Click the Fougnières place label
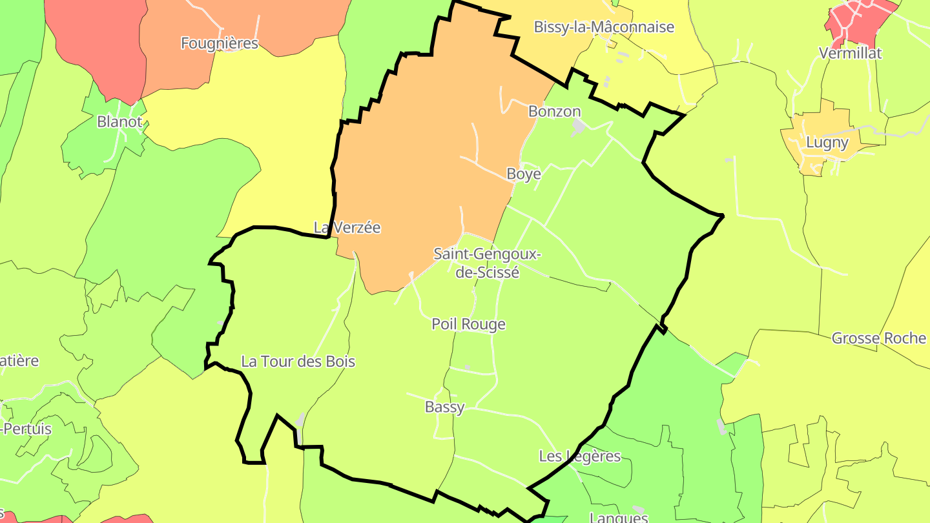click(x=220, y=43)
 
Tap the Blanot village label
click(x=119, y=121)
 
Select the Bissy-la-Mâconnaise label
click(x=604, y=27)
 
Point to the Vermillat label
click(x=850, y=53)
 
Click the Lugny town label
click(x=827, y=142)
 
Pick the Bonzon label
click(x=555, y=111)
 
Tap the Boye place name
click(x=524, y=174)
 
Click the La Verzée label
click(x=347, y=227)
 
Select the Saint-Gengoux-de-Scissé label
click(x=487, y=263)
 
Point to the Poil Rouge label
click(x=468, y=324)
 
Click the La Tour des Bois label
click(x=298, y=362)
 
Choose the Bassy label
click(x=444, y=407)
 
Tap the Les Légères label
click(x=579, y=456)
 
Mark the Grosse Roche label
click(x=878, y=338)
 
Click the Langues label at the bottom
click(x=619, y=517)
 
